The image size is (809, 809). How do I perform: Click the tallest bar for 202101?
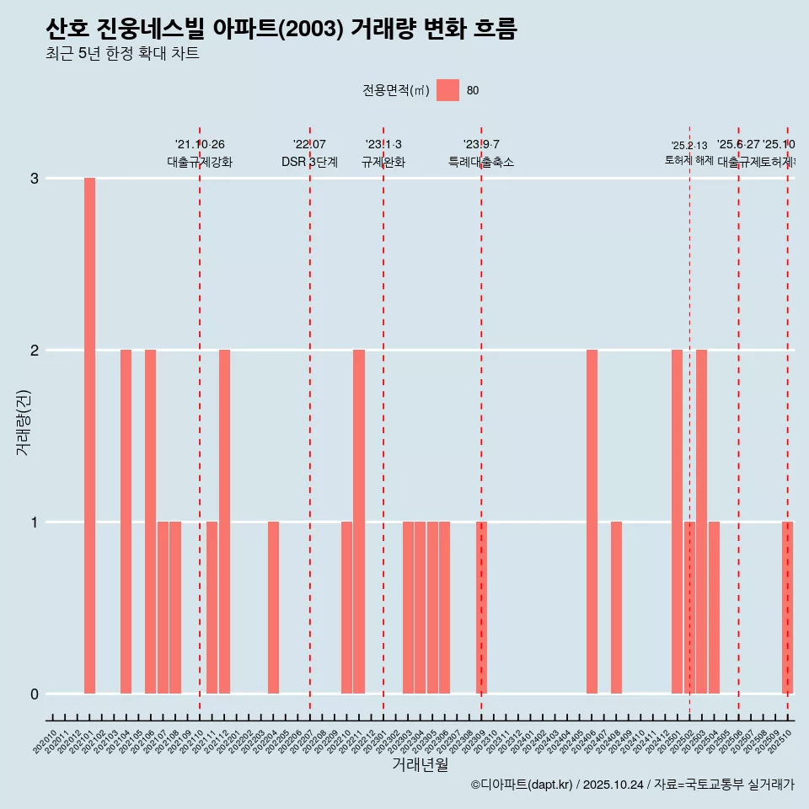click(x=89, y=436)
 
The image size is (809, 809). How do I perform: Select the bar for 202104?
click(x=126, y=522)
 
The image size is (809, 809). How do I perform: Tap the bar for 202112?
click(x=224, y=522)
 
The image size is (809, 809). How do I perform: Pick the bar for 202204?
click(x=273, y=608)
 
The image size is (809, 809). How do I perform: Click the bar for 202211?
click(x=359, y=522)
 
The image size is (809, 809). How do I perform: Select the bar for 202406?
click(x=592, y=522)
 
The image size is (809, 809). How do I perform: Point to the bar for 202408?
click(x=616, y=608)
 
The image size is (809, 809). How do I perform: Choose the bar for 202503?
click(x=701, y=522)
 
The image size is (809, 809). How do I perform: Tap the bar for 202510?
click(x=787, y=608)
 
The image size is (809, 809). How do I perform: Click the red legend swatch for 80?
click(x=447, y=90)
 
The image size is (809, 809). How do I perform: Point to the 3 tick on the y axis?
click(x=35, y=179)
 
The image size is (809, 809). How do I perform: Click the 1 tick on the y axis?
click(x=35, y=522)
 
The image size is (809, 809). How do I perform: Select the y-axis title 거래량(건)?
click(x=23, y=423)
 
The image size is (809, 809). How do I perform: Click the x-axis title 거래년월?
click(x=420, y=764)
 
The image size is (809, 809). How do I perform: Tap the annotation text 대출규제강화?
click(x=200, y=162)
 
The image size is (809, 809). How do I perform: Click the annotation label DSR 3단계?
click(x=309, y=162)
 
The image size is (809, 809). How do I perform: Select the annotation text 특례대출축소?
click(x=480, y=162)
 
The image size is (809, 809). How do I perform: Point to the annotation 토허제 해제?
click(x=688, y=160)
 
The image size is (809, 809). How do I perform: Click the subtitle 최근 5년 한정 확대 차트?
click(x=122, y=54)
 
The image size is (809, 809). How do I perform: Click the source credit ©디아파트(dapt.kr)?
click(x=521, y=785)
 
